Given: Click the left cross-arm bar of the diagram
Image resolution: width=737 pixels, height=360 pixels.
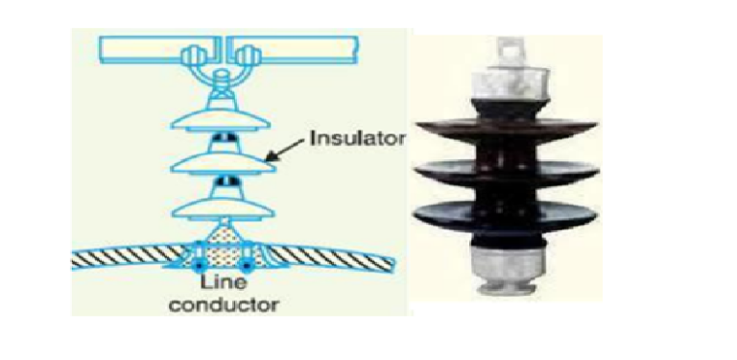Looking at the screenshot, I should pyautogui.click(x=144, y=44).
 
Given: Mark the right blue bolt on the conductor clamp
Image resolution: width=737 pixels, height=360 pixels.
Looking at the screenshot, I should pyautogui.click(x=250, y=262).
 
